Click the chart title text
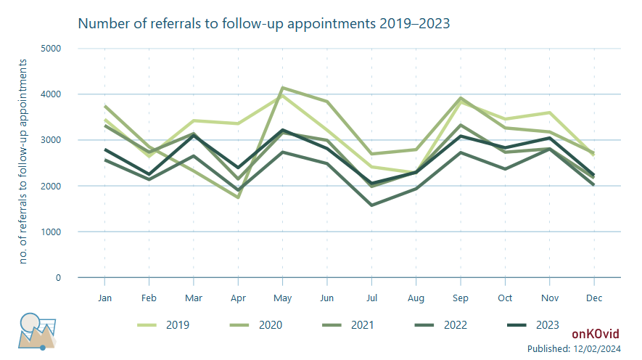263,24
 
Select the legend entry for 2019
163,325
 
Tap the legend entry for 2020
256,325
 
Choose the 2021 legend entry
348,325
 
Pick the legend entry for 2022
440,325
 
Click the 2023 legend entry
532,325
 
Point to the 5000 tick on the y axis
51,49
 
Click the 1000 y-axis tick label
51,232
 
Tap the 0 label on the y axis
58,278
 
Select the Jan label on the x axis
104,298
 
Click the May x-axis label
282,298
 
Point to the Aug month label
416,298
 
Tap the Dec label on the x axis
594,298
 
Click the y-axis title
23,161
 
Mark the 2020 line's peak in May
282,88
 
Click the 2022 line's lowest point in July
371,205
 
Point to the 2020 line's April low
238,197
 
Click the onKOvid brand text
596,334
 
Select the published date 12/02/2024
597,348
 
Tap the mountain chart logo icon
37,332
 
